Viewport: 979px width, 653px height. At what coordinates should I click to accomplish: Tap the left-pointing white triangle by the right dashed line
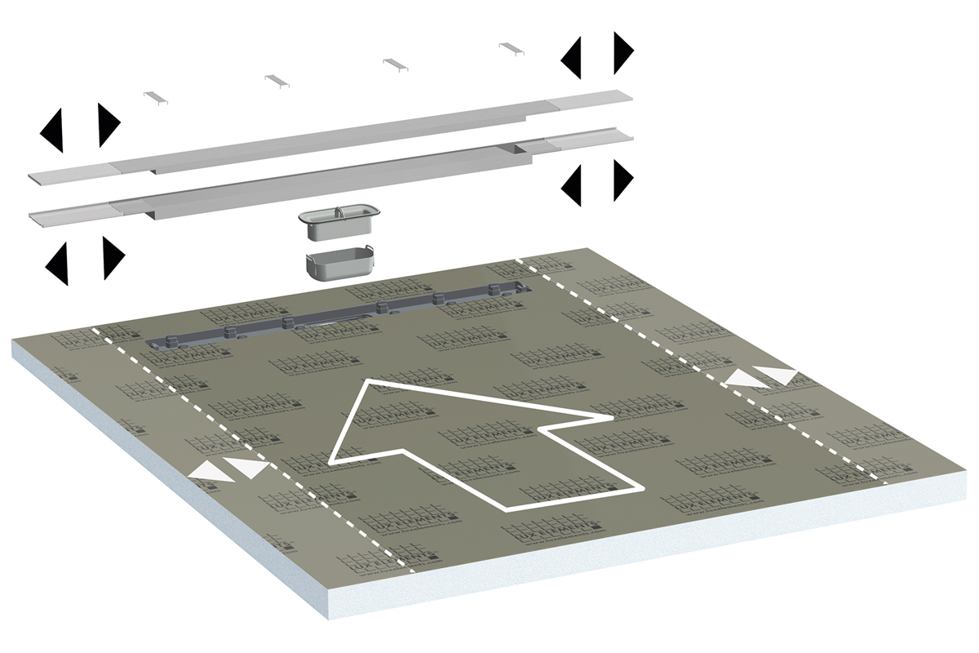(744, 378)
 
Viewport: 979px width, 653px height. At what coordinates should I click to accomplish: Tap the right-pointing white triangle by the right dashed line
(778, 375)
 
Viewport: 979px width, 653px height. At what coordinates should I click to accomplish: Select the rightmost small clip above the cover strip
(512, 47)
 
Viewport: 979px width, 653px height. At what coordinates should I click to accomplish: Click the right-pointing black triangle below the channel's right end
(622, 180)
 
